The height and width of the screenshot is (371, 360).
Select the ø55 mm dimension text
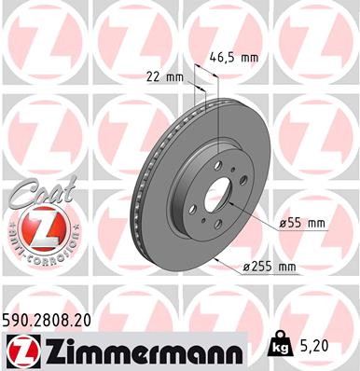coord(301,223)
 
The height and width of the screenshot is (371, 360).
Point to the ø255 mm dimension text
coord(269,268)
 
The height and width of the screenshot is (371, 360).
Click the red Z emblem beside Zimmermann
coord(21,350)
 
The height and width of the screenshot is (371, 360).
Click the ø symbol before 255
coord(245,268)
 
